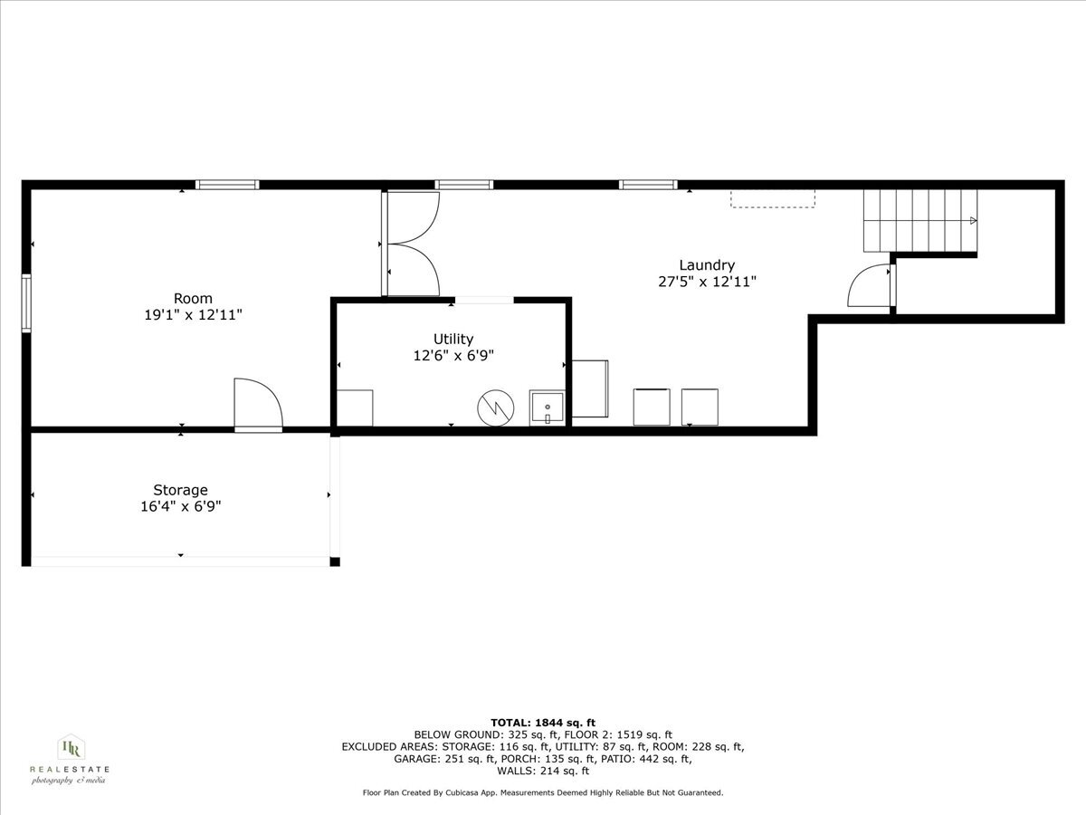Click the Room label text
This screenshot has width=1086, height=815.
coord(193,299)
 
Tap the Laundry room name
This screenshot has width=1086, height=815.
coord(707,265)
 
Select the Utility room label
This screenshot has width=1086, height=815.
coord(453,340)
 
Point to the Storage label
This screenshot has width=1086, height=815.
coord(180,491)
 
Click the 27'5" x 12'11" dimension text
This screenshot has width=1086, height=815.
coord(707,282)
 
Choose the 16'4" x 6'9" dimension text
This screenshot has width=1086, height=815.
coord(181,507)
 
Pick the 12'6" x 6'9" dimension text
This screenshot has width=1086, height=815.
coord(453,356)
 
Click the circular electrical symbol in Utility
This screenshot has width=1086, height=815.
coord(496,407)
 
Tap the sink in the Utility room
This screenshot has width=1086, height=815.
coord(547,407)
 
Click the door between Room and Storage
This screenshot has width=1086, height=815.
coord(258,404)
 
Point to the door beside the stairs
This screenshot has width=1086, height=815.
coord(871,285)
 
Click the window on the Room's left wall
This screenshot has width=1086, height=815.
coord(26,302)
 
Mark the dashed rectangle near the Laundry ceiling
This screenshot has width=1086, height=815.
coord(773,198)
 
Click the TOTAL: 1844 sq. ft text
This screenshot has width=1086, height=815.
coord(543,723)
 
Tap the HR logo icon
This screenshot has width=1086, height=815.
coord(71,748)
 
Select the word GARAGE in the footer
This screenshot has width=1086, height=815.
coord(415,759)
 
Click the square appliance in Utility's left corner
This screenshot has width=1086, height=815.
coord(355,407)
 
